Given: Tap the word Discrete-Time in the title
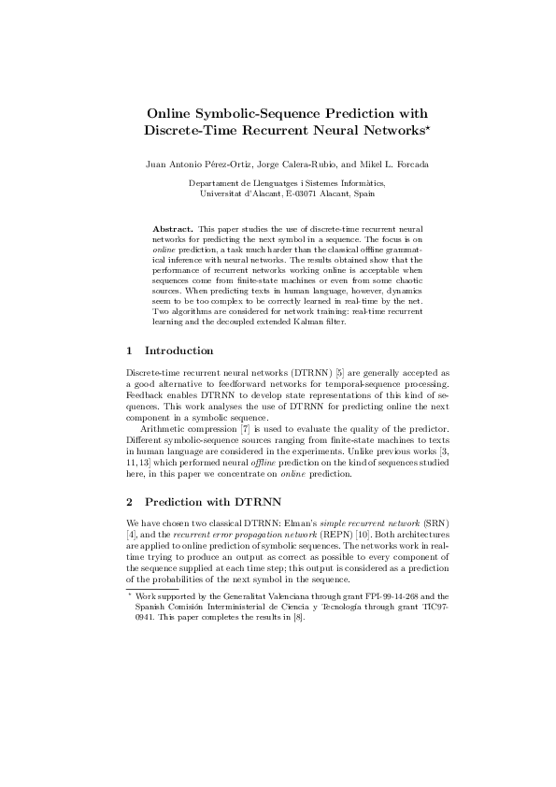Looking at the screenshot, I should pos(192,127).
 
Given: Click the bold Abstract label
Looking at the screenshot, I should pos(172,228).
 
